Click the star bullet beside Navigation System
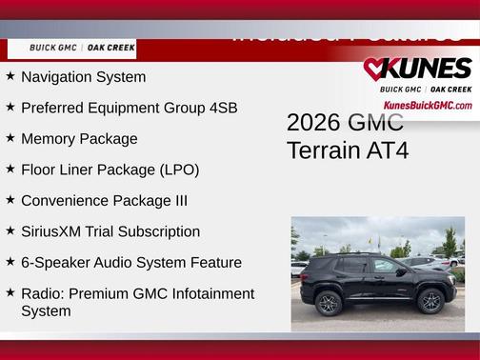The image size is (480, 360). coord(10,76)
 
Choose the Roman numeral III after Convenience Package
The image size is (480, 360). coord(176,201)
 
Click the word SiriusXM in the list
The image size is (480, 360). coord(54,231)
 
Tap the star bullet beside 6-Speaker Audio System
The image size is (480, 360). coord(10,261)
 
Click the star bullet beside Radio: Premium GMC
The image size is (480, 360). coord(10,292)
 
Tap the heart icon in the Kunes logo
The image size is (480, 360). coord(374,69)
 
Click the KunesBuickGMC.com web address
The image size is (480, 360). coord(427,105)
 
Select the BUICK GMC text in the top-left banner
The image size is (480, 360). coord(53,48)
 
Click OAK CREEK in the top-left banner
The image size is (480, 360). coord(111,48)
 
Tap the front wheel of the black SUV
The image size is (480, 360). coord(430,302)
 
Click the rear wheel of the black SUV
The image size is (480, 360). coord(329,302)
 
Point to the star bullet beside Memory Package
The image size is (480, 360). coord(10,138)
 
